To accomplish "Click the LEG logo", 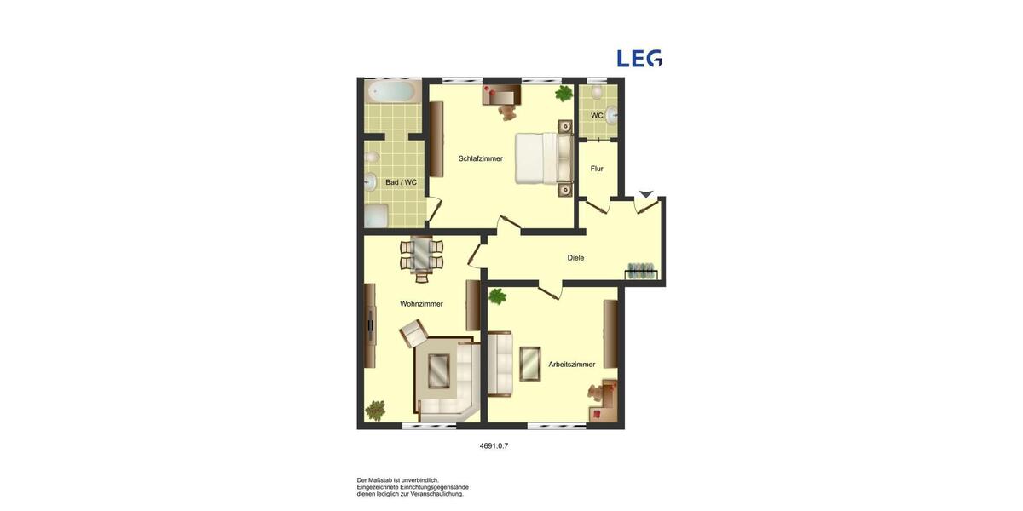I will pyautogui.click(x=639, y=58).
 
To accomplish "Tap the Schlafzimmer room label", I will pyautogui.click(x=481, y=158).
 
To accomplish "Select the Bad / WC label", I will pyautogui.click(x=402, y=182).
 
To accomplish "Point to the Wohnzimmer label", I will pyautogui.click(x=422, y=304).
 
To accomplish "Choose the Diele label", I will pyautogui.click(x=576, y=257).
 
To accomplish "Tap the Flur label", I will pyautogui.click(x=597, y=169).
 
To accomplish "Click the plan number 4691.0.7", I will pyautogui.click(x=494, y=445).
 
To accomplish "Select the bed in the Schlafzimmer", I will pyautogui.click(x=544, y=158).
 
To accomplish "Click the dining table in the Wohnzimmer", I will pyautogui.click(x=422, y=255).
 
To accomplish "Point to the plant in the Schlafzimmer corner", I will pyautogui.click(x=564, y=93).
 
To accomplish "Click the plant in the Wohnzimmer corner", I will pyautogui.click(x=375, y=411).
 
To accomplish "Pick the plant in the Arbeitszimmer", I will pyautogui.click(x=498, y=296).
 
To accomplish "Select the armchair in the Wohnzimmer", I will pyautogui.click(x=414, y=332).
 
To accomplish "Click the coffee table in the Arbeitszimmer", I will pyautogui.click(x=530, y=364).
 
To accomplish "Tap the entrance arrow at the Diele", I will pyautogui.click(x=646, y=195).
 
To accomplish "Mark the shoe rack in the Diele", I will pyautogui.click(x=642, y=272).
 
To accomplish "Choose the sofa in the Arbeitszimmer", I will pyautogui.click(x=500, y=365).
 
